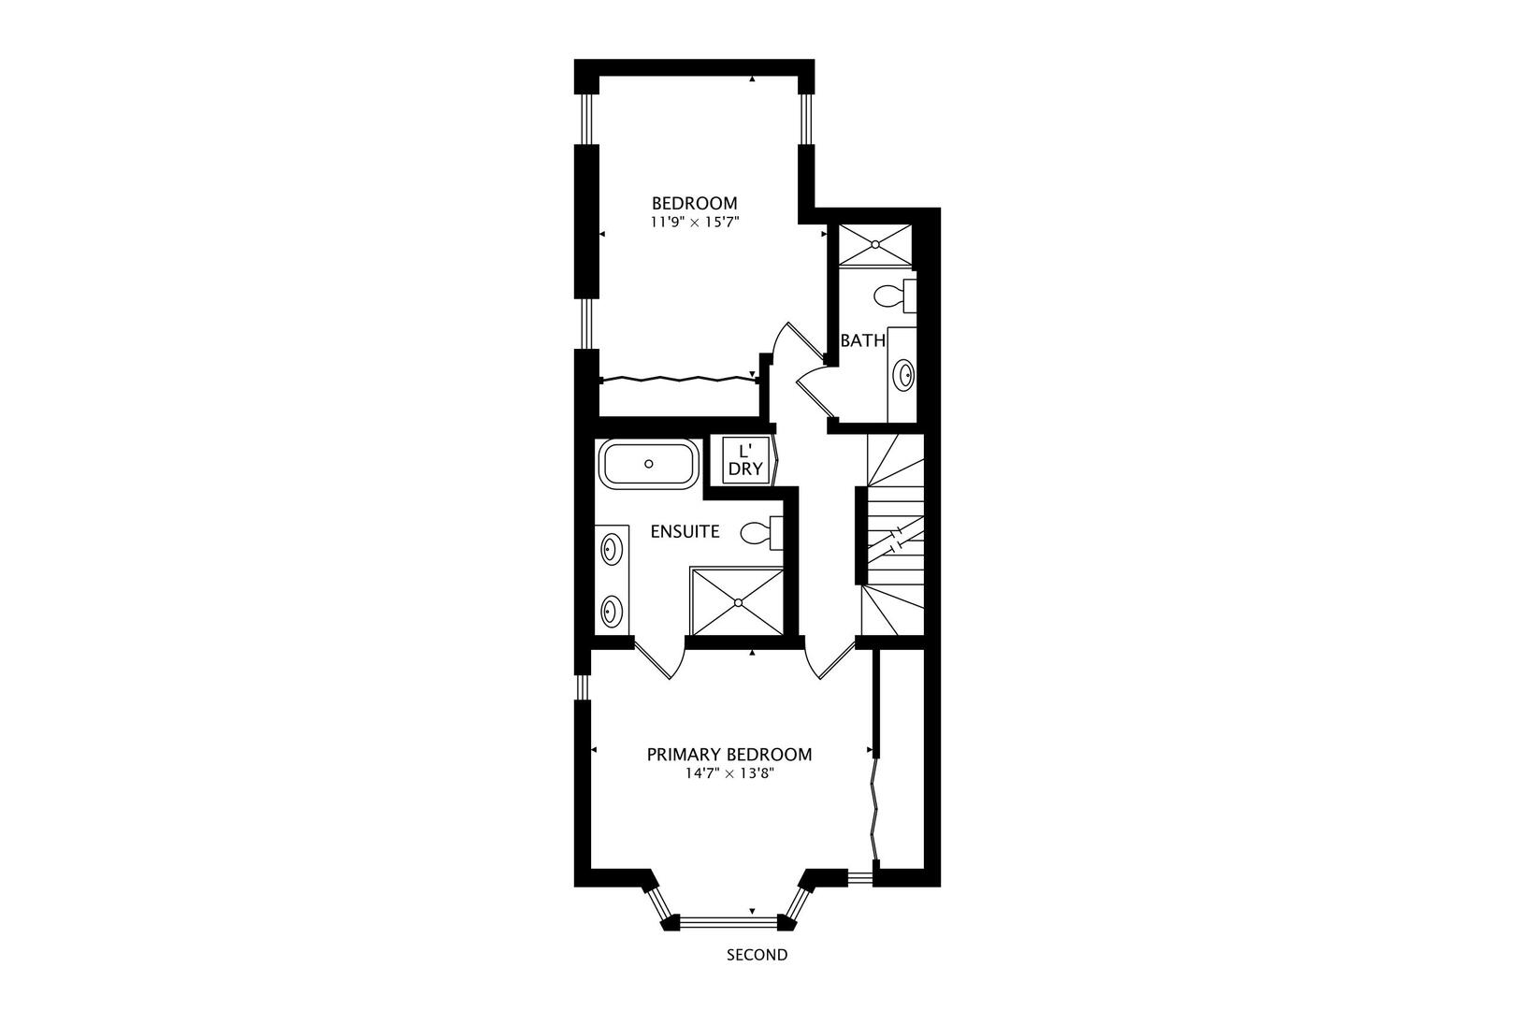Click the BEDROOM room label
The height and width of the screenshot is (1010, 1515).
click(694, 203)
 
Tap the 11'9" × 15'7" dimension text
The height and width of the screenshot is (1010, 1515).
click(694, 222)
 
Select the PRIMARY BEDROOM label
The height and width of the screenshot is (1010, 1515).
click(729, 755)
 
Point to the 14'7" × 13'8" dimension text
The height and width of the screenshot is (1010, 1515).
click(729, 774)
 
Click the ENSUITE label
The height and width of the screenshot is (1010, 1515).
click(685, 532)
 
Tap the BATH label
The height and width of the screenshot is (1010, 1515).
click(863, 340)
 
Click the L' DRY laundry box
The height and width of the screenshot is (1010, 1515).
click(746, 460)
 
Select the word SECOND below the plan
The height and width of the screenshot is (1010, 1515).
click(757, 955)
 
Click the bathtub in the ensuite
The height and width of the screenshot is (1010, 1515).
click(649, 464)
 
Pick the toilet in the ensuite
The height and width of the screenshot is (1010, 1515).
click(761, 532)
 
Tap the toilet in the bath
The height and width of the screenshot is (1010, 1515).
click(895, 296)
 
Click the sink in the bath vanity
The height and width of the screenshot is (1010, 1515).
click(904, 374)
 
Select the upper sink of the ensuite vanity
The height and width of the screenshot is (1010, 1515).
click(611, 549)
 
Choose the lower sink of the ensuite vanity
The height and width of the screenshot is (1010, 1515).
click(611, 612)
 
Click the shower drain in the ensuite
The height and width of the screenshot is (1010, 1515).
click(739, 602)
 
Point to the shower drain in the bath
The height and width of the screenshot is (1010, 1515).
click(875, 244)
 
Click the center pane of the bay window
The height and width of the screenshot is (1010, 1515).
click(729, 921)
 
